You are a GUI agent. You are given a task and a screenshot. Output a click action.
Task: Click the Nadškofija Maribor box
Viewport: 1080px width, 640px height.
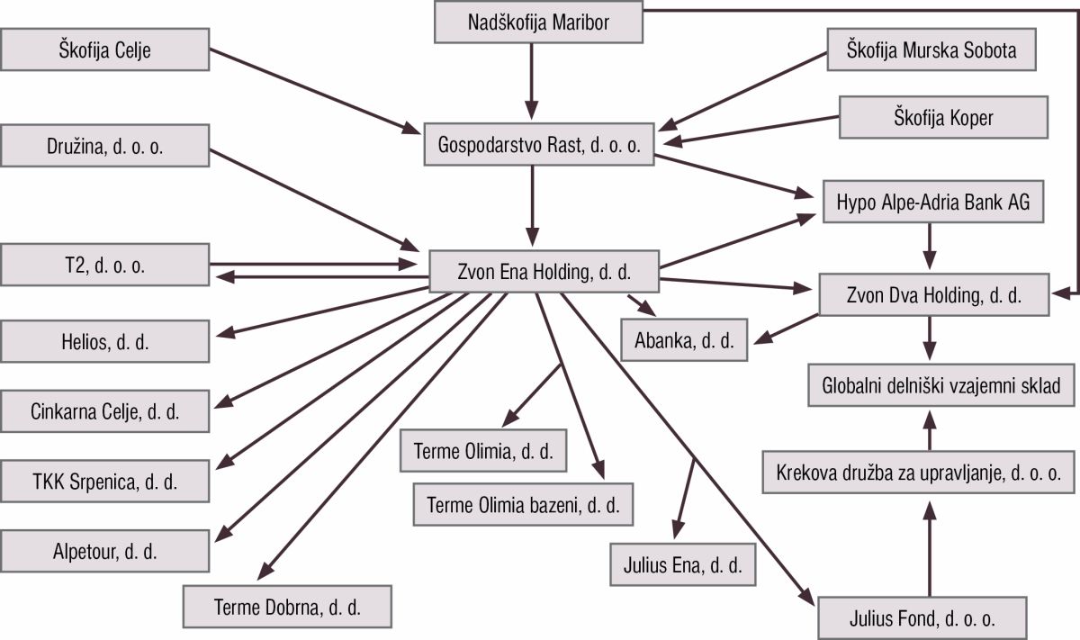(x=539, y=23)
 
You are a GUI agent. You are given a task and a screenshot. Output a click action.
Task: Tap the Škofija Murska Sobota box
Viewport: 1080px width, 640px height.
(x=931, y=50)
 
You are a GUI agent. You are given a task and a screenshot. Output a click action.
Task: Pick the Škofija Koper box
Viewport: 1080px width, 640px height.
(x=943, y=117)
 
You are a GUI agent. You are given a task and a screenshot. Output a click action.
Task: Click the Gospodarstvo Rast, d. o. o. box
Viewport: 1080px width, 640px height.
(x=537, y=146)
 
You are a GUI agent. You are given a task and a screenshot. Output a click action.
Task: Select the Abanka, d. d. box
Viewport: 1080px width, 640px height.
(x=685, y=339)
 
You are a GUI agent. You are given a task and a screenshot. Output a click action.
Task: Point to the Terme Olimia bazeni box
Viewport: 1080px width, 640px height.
(x=523, y=504)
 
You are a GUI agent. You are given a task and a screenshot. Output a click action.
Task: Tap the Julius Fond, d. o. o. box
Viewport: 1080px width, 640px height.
(x=922, y=619)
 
